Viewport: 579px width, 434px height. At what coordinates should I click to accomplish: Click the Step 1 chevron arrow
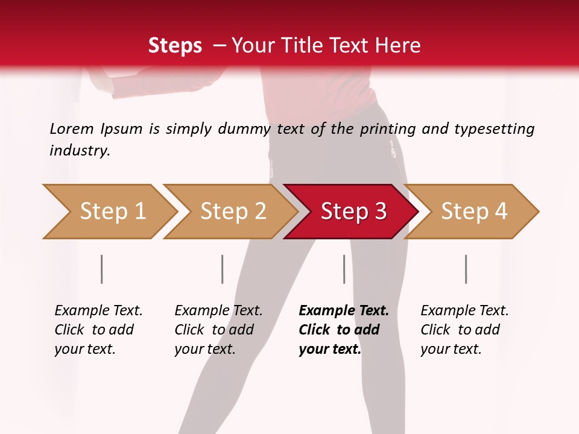pos(109,212)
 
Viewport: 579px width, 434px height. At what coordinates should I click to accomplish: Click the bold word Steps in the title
pos(175,45)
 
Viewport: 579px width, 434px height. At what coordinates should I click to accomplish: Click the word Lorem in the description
pos(71,128)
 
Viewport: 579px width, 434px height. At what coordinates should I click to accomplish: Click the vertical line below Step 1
pos(102,269)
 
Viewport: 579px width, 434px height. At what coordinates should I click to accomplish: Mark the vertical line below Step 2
pos(223,269)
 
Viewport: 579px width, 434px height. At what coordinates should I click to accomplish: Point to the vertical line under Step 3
pos(344,269)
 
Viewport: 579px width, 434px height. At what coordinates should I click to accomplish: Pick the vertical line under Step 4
pos(466,269)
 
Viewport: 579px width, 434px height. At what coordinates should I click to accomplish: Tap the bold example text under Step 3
pos(343,330)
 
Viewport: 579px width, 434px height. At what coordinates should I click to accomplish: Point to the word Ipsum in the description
pos(121,128)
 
